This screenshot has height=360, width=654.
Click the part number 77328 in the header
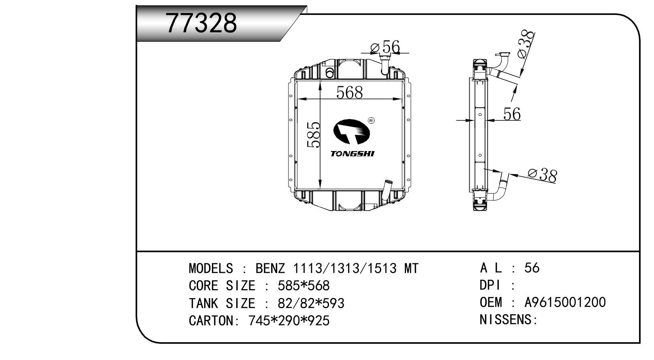pyautogui.click(x=201, y=23)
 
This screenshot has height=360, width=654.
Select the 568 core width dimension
pyautogui.click(x=349, y=92)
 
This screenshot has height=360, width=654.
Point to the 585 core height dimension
pyautogui.click(x=314, y=135)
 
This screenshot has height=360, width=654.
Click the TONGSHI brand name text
pyautogui.click(x=352, y=154)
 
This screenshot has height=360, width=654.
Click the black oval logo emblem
pyautogui.click(x=352, y=132)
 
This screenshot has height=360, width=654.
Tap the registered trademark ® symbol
pyautogui.click(x=371, y=121)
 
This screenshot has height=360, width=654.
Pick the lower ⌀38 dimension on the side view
pyautogui.click(x=543, y=176)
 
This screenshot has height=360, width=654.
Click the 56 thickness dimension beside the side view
pyautogui.click(x=512, y=114)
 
